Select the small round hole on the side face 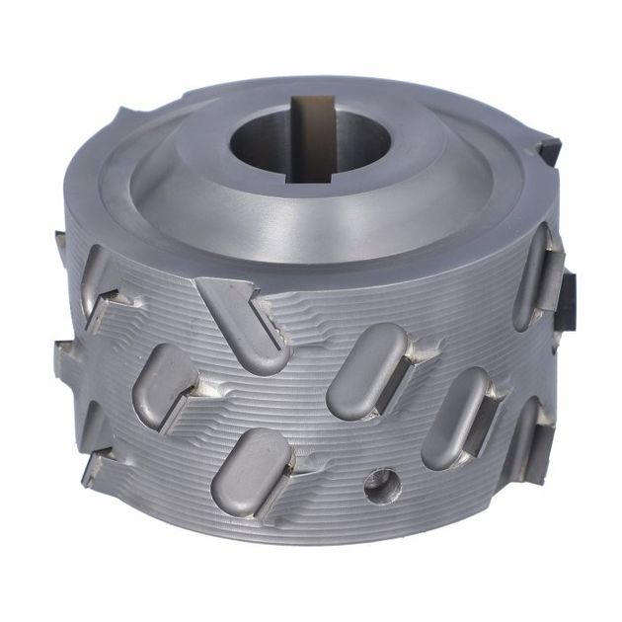pos(378,483)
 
